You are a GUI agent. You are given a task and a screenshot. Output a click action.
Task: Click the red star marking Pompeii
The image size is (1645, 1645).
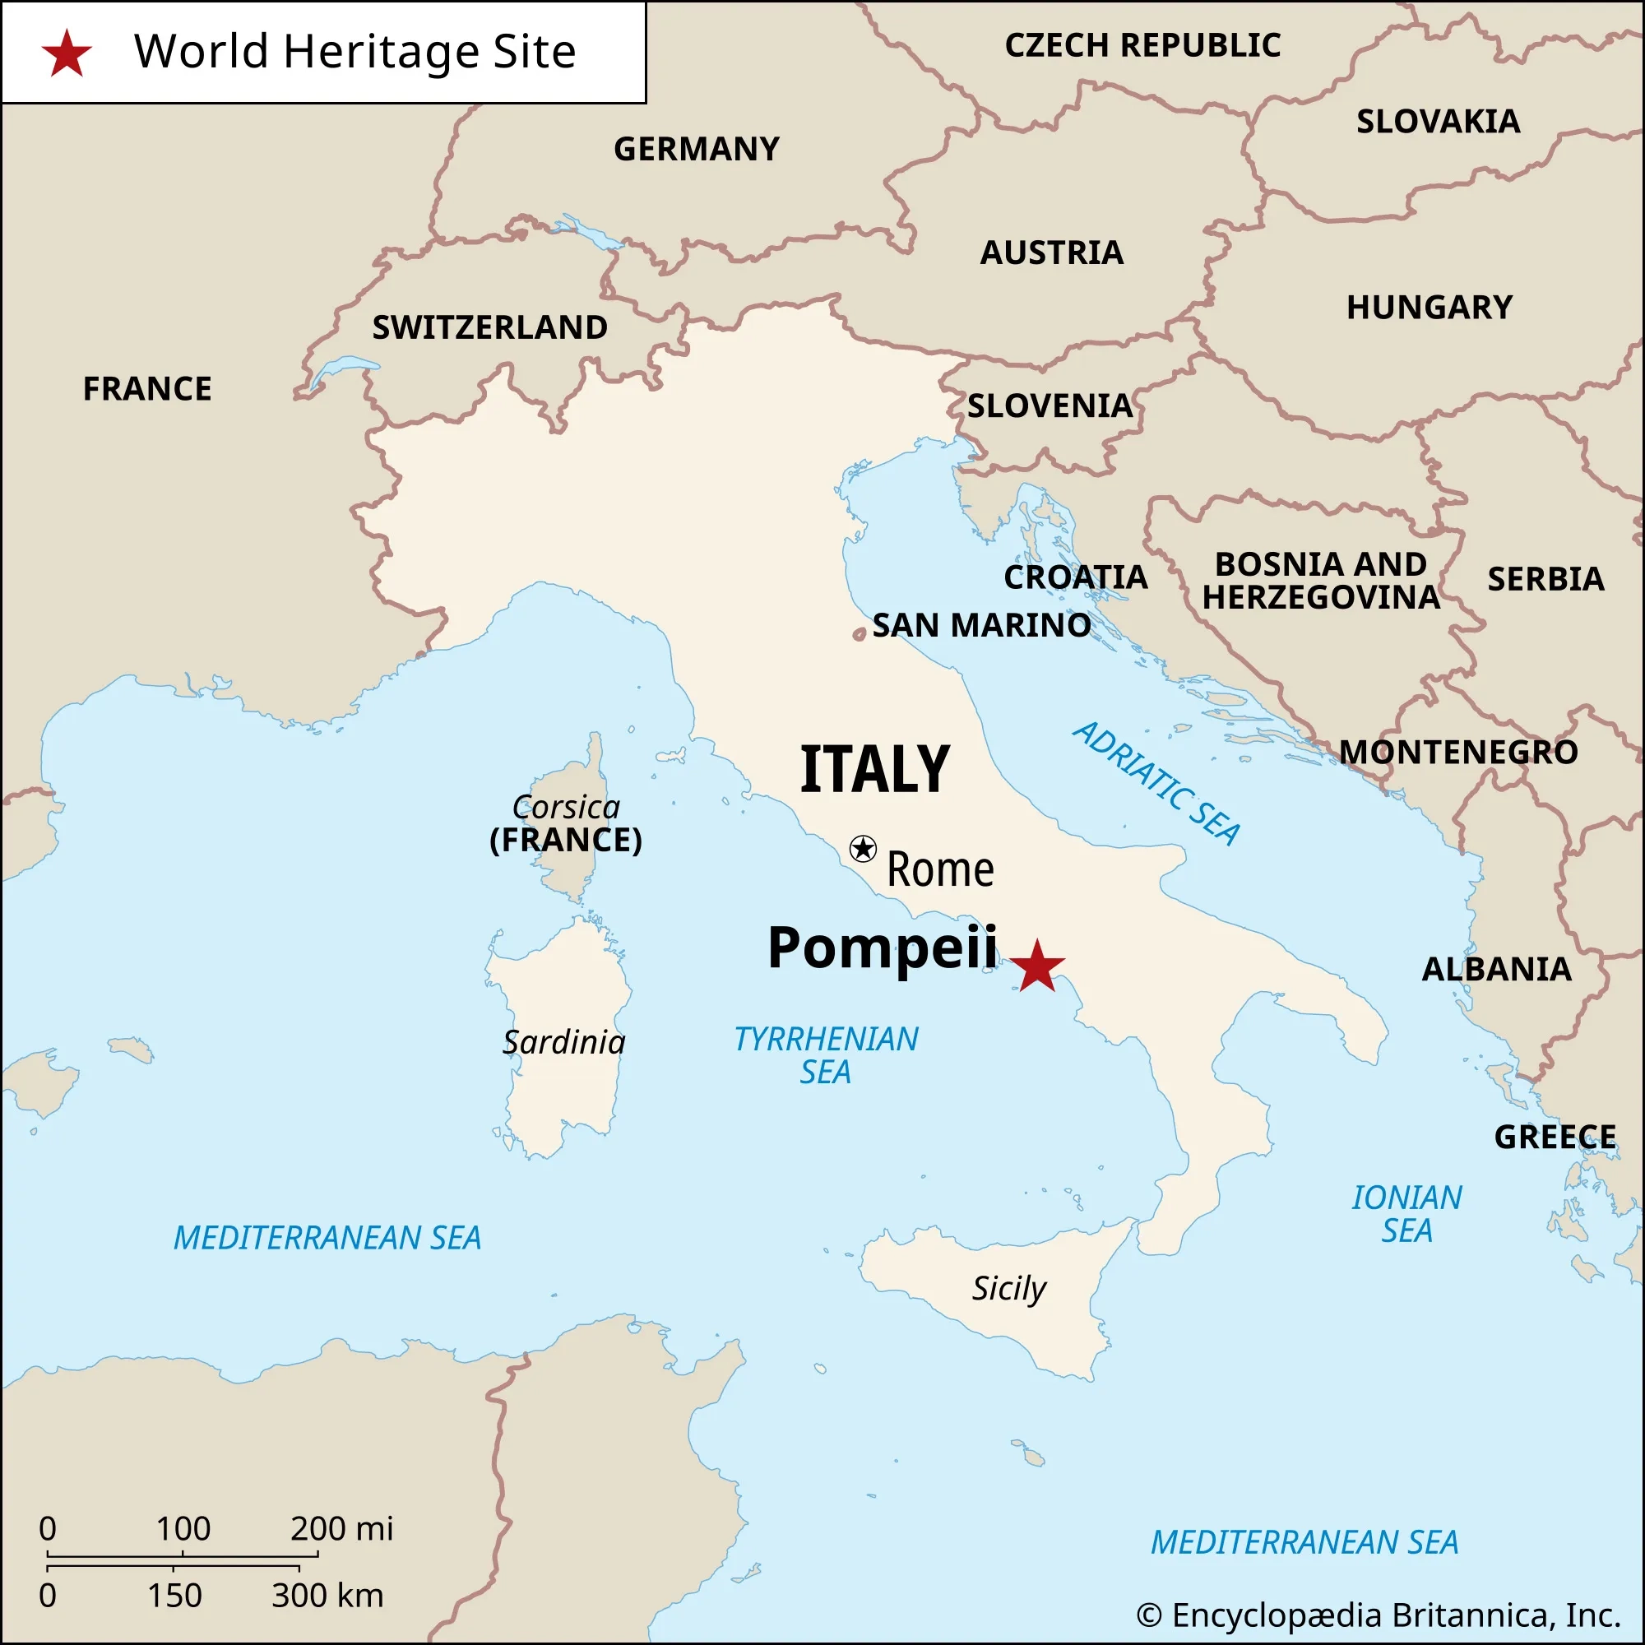click(1037, 966)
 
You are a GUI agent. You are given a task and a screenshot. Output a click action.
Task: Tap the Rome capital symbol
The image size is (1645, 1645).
click(863, 848)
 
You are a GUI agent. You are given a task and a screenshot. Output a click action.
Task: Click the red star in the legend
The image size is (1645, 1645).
click(67, 53)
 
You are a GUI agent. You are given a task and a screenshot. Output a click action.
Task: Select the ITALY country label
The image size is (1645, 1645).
click(874, 769)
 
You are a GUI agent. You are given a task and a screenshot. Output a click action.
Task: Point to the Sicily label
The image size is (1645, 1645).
click(1009, 1288)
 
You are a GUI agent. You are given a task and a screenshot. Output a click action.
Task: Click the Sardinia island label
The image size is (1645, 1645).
click(563, 1042)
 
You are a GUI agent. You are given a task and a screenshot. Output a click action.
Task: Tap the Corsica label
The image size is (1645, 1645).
click(566, 807)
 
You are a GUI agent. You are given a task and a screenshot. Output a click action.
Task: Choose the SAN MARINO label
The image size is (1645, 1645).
click(981, 625)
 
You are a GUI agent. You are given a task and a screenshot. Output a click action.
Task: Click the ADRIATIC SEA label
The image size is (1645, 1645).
click(1156, 782)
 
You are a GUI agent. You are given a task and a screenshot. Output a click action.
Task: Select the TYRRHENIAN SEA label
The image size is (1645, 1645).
click(826, 1055)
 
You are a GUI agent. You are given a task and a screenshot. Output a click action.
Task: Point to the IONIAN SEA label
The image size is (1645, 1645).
click(1406, 1213)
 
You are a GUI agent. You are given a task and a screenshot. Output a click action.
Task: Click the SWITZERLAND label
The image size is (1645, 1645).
click(489, 327)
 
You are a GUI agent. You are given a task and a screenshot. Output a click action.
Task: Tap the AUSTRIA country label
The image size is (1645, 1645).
click(1051, 253)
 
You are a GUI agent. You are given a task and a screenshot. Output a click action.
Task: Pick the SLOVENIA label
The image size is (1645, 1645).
click(1050, 405)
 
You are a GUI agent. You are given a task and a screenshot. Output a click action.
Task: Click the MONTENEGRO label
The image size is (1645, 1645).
click(1458, 752)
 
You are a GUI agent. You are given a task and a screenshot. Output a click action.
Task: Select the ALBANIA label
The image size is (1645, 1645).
click(1497, 969)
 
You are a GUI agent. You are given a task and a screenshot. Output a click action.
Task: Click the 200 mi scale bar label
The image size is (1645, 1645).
click(341, 1528)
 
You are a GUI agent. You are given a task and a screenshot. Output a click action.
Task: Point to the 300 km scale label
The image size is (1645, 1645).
click(328, 1595)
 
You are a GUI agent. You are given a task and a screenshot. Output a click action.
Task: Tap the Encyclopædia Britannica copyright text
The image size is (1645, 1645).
click(1378, 1615)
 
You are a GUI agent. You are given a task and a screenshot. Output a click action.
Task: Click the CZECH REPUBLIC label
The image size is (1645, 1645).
click(1142, 45)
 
